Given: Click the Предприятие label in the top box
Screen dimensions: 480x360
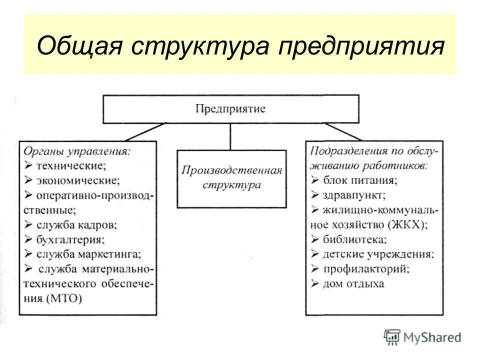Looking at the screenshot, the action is [x=230, y=108].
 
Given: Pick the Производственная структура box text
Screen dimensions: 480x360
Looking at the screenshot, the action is [x=231, y=178].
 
